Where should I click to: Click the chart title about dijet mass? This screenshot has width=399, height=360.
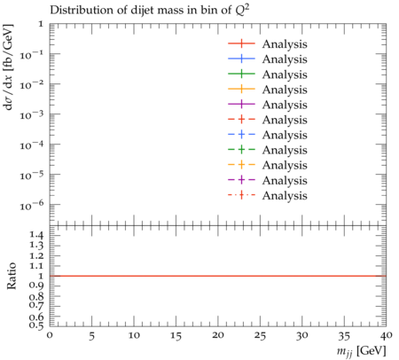click(150, 10)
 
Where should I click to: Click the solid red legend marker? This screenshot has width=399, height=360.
click(241, 43)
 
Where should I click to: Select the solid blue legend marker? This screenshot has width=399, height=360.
click(241, 59)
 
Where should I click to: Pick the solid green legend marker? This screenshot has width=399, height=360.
click(241, 74)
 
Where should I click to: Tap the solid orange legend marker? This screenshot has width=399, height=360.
click(241, 89)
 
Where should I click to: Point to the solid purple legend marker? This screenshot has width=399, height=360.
click(241, 104)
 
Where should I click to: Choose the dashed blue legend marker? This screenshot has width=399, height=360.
click(241, 135)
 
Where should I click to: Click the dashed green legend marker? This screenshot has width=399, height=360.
click(241, 150)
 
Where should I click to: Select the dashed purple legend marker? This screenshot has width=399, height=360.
click(241, 180)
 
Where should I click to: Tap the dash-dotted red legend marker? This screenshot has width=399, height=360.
click(241, 195)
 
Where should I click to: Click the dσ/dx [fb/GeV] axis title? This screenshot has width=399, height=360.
click(9, 67)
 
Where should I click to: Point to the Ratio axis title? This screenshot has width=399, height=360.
click(11, 276)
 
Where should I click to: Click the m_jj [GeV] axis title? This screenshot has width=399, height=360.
click(361, 351)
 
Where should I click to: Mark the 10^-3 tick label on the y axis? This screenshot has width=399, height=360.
click(31, 114)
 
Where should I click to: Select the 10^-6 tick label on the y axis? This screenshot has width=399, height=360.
click(31, 205)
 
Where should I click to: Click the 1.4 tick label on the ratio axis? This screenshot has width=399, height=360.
click(36, 236)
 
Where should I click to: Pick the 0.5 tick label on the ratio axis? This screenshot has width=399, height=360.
click(36, 325)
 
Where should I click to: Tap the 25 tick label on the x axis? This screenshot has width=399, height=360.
click(260, 336)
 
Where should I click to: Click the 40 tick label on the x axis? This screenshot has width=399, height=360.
click(387, 335)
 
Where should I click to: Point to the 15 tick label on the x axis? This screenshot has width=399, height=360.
click(176, 336)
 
